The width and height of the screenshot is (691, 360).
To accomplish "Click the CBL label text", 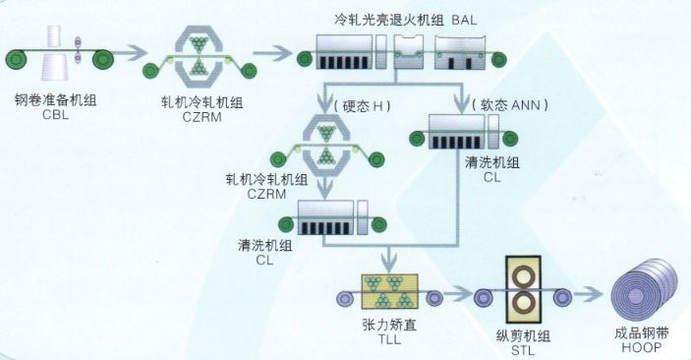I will pos(55,115).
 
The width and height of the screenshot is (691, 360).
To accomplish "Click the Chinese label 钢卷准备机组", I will pos(54,100).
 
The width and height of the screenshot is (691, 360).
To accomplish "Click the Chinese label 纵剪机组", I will pos(523,334).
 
